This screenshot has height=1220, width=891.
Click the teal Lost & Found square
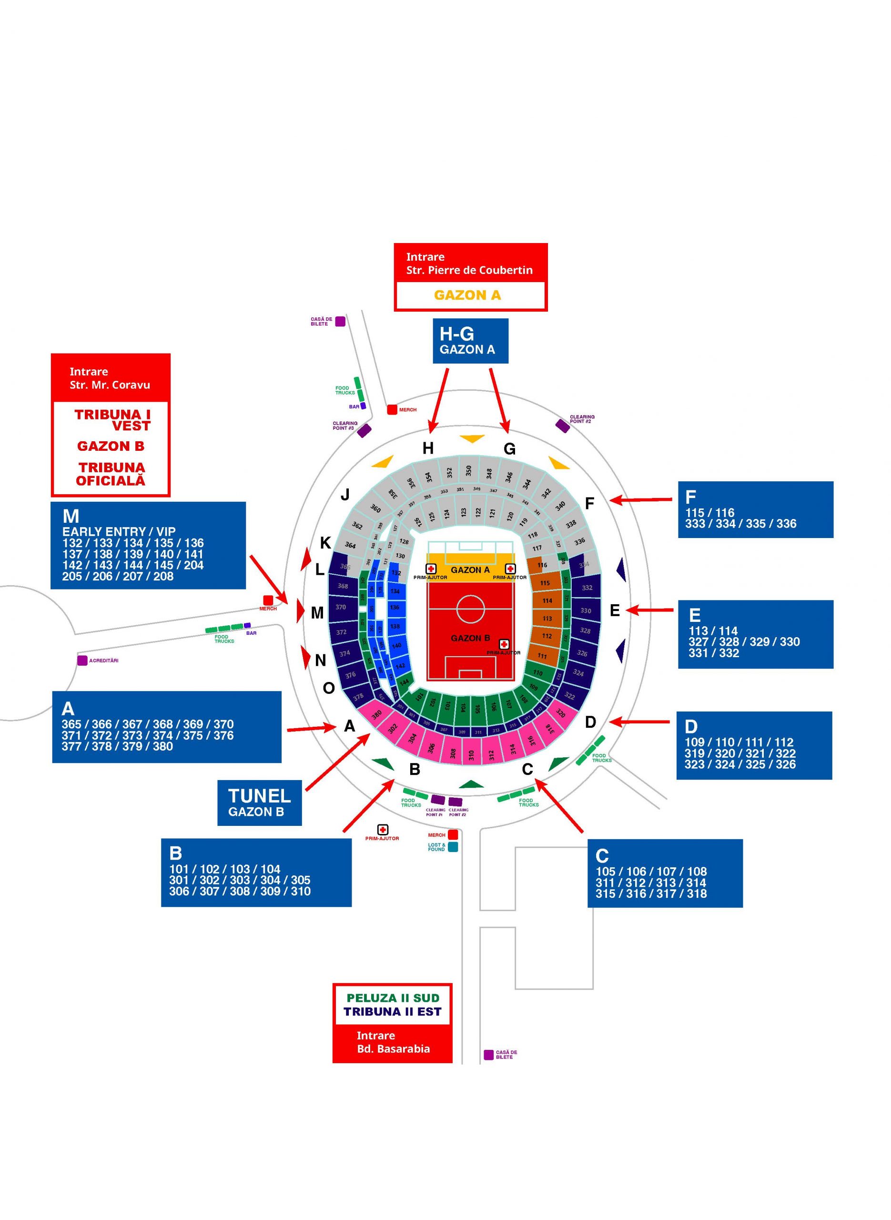coord(453,847)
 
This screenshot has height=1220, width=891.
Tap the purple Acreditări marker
coord(82,660)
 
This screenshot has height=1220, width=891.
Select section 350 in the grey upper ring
coord(469,470)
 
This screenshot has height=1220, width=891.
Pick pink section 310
coord(471,754)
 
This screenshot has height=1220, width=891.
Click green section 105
coord(477,708)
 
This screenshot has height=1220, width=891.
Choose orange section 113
coord(547,619)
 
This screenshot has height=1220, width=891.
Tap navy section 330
coord(586,610)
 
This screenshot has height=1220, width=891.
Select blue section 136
coord(395,607)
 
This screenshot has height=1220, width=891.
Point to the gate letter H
coord(428,447)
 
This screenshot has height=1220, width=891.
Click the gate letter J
coord(345,494)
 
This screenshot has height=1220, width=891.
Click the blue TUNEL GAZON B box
coord(259,803)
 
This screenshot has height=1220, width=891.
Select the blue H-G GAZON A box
coord(470,340)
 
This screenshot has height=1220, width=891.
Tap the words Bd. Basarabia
coord(393,1048)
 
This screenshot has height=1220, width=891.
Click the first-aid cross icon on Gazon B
coord(504,644)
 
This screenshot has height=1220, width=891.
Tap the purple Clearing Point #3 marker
coord(364,430)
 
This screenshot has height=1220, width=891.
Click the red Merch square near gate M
coord(267,600)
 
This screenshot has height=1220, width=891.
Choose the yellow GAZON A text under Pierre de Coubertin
coord(467,295)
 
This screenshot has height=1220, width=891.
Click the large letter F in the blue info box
coord(690,497)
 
